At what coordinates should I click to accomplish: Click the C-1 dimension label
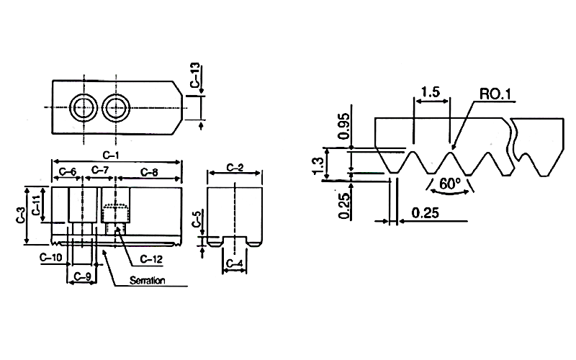111,156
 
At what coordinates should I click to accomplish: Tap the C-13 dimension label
195,75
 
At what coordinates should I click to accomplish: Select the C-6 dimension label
68,171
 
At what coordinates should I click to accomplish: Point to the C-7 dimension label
100,170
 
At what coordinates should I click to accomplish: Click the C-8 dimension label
149,172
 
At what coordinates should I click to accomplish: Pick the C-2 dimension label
235,168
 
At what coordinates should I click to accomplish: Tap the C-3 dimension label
21,215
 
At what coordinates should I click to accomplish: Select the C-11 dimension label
36,204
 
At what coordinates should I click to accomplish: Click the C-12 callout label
151,259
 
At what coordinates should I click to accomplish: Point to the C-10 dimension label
51,257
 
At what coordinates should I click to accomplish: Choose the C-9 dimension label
82,276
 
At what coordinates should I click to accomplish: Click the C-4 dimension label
235,264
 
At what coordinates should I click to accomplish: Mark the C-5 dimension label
197,219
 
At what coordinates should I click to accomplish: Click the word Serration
147,281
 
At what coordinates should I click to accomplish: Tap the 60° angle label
449,184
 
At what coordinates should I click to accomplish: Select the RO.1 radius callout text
495,94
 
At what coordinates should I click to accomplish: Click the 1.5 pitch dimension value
430,91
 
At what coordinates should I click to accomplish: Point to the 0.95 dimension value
344,126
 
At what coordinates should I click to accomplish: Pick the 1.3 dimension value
319,166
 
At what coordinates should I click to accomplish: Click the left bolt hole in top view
84,107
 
